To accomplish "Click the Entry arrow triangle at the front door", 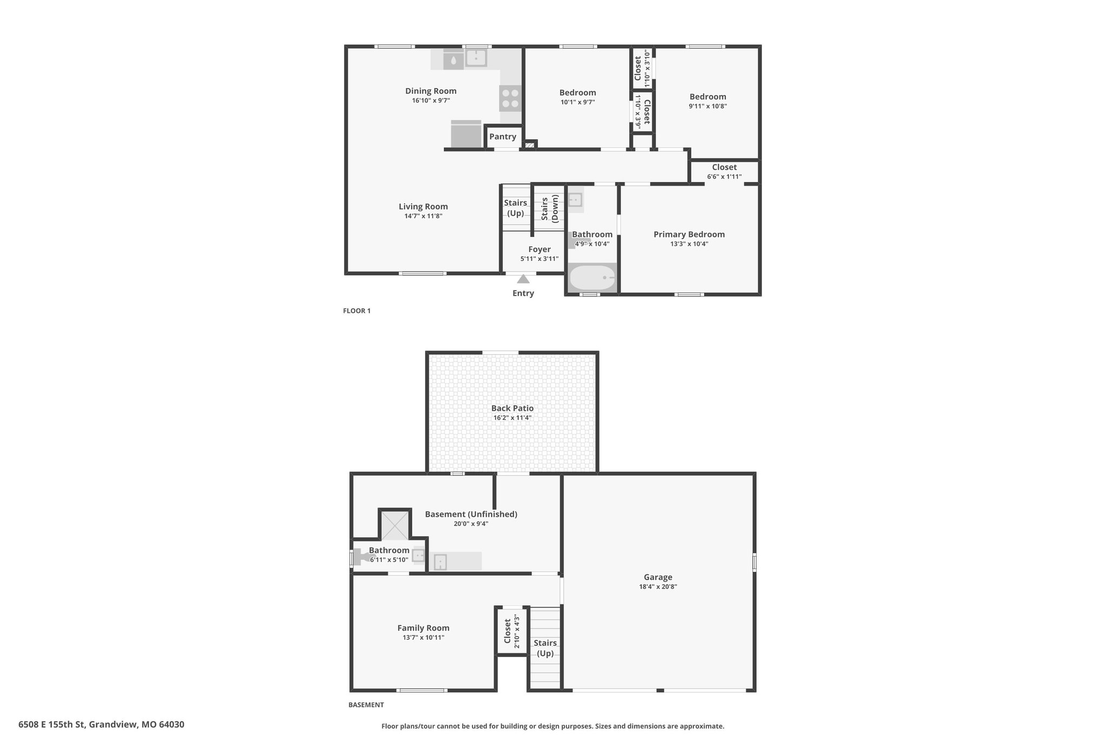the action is pyautogui.click(x=523, y=279).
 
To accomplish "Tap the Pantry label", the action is pyautogui.click(x=503, y=137).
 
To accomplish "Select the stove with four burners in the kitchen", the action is pyautogui.click(x=510, y=98).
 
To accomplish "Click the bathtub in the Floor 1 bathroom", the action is pyautogui.click(x=592, y=278).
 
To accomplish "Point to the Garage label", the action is pyautogui.click(x=658, y=577).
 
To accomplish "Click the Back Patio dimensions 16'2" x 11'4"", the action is pyautogui.click(x=512, y=418).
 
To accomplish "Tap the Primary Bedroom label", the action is pyautogui.click(x=689, y=234).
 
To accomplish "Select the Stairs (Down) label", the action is pyautogui.click(x=549, y=209).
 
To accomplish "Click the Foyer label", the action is pyautogui.click(x=539, y=249).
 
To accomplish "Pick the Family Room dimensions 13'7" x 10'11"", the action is pyautogui.click(x=423, y=638).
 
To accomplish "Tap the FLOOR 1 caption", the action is pyautogui.click(x=357, y=311).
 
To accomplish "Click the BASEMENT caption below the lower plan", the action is pyautogui.click(x=366, y=705).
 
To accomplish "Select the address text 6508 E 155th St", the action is pyautogui.click(x=51, y=725).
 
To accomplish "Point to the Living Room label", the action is pyautogui.click(x=423, y=206).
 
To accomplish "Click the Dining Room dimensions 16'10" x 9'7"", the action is pyautogui.click(x=431, y=100).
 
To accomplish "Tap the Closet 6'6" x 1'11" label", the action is pyautogui.click(x=724, y=172).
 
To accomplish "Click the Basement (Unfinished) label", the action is pyautogui.click(x=471, y=514).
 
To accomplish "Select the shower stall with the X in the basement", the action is pyautogui.click(x=395, y=525).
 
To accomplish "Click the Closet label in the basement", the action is pyautogui.click(x=508, y=631).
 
